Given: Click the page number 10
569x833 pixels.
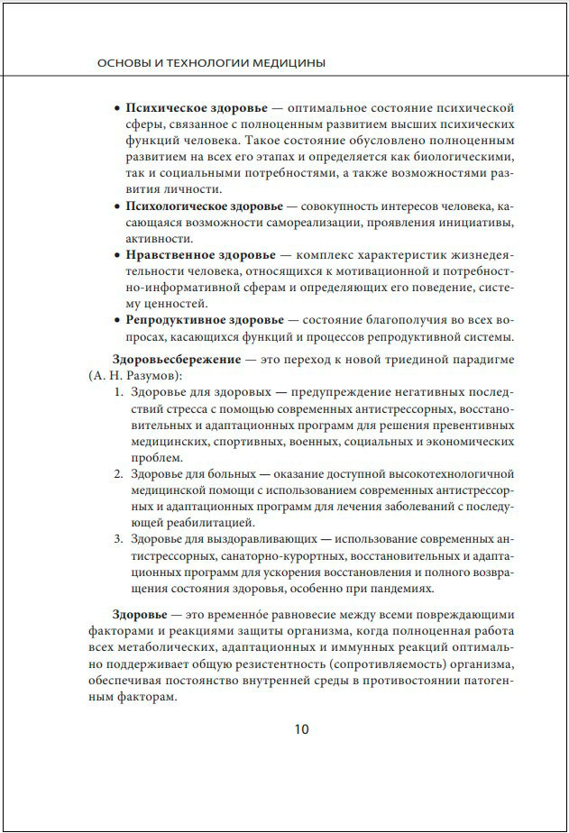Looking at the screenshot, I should tap(301, 729).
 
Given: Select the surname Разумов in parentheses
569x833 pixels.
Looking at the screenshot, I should tap(151, 375).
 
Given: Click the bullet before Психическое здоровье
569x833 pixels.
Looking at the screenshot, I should tap(117, 107).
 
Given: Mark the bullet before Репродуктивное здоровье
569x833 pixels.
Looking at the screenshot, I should tap(117, 320).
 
